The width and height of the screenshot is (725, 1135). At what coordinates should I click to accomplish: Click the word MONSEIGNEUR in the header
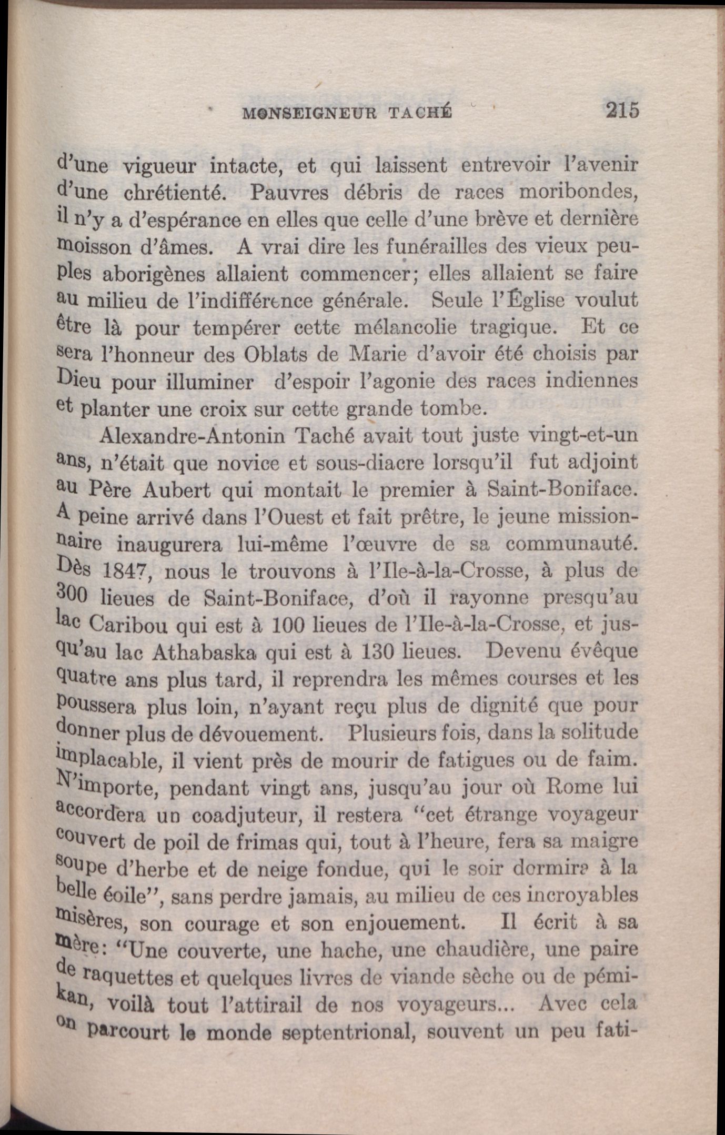point(309,113)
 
